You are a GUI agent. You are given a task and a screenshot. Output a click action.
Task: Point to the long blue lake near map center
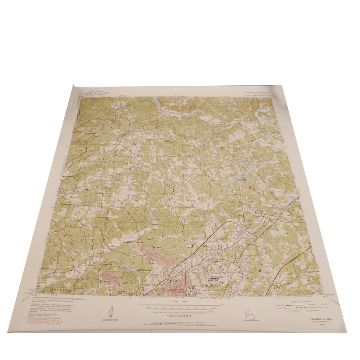tap(154, 218)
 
